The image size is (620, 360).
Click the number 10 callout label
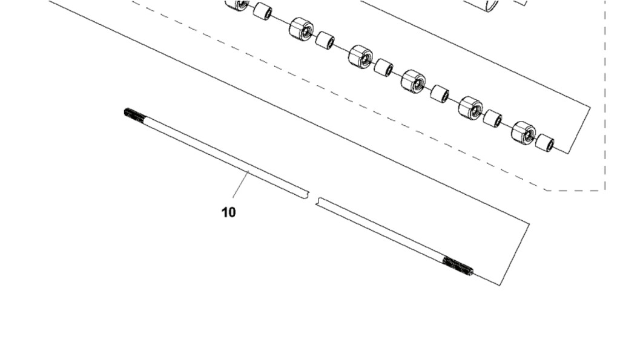pos(228,212)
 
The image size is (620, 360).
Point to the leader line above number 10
pos(241,184)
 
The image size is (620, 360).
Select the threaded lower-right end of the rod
pos(458,266)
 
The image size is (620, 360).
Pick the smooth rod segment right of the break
pos(380,229)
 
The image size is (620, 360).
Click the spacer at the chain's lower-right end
pos(545,142)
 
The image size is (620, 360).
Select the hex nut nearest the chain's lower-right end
pos(524,133)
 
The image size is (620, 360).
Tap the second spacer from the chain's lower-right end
pos(493,119)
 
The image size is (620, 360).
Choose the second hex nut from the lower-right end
pos(470,108)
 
